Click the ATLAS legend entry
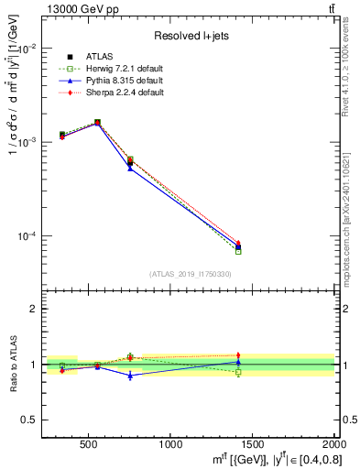[x=95, y=57]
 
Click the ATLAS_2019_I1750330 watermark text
[x=190, y=275]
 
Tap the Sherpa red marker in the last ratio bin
[x=238, y=354]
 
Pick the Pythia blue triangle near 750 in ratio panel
[x=130, y=376]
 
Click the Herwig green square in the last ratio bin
[x=238, y=372]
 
